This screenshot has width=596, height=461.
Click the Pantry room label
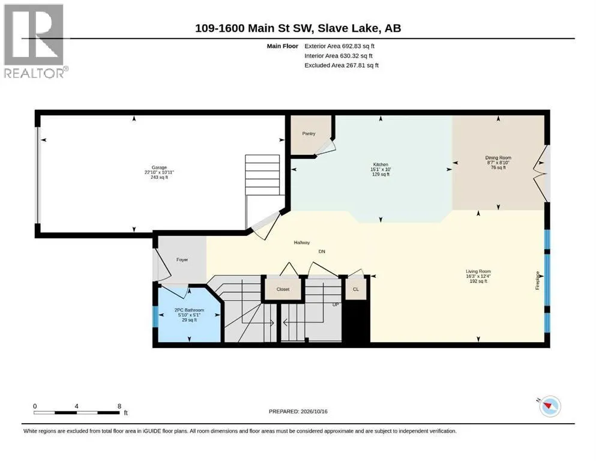[309, 133]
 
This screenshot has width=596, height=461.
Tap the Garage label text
[159, 167]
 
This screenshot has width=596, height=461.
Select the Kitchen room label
[381, 164]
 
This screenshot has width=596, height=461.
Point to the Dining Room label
[498, 158]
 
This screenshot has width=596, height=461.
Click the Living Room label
[478, 271]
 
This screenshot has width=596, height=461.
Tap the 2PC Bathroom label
[189, 310]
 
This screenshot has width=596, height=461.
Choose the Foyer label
[182, 259]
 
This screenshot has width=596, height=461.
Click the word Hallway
[302, 243]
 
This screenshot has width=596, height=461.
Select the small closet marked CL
[356, 289]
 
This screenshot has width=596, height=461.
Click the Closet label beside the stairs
[283, 289]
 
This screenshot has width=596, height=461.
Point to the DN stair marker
[322, 252]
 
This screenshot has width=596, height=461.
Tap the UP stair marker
[336, 305]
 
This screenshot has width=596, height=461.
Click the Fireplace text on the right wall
[537, 280]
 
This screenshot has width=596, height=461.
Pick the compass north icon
[549, 406]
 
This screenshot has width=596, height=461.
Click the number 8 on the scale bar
[119, 406]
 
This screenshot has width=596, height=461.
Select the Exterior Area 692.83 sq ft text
[340, 46]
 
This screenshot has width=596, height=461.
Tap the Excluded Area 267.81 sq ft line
[342, 65]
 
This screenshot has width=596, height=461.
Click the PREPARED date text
[298, 411]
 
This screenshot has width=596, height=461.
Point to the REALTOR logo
[36, 41]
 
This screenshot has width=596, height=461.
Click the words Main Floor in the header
[283, 46]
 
